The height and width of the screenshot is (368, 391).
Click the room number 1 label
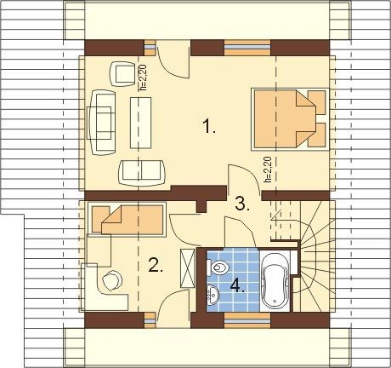click(x=209, y=126)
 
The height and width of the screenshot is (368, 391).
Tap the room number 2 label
click(x=156, y=265)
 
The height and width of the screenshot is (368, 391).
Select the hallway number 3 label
click(x=242, y=204)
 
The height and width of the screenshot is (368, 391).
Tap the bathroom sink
click(x=212, y=295)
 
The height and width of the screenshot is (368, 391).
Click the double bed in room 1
click(x=290, y=119)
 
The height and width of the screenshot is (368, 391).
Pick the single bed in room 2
click(x=127, y=220)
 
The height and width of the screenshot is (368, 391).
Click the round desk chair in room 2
click(x=112, y=280)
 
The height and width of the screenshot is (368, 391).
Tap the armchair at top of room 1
click(x=122, y=74)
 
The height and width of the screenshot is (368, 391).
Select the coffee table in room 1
click(x=141, y=123)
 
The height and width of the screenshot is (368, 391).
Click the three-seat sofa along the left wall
click(x=102, y=123)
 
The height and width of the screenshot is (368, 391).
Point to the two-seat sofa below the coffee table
click(x=142, y=173)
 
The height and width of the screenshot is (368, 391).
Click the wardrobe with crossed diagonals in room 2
click(x=188, y=268)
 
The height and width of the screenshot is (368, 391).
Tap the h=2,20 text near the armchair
click(x=143, y=77)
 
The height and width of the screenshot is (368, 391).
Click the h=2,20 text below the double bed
click(x=268, y=170)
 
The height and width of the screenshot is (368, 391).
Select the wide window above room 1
click(x=247, y=48)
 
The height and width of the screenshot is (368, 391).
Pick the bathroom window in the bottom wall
click(x=247, y=320)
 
